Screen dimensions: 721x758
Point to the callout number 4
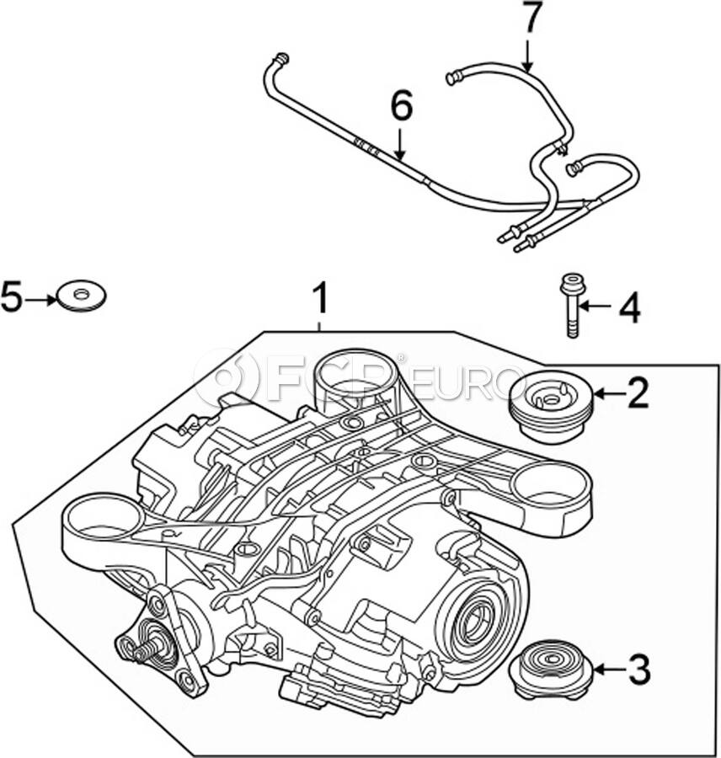pos(629,307)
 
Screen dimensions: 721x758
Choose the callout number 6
pos(402,106)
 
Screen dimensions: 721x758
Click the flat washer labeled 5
pos(81,296)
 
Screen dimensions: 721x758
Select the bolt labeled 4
pos(572,305)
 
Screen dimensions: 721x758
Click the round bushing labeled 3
pos(551,670)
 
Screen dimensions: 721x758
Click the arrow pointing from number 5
pos(40,300)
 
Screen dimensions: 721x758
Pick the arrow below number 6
pos(399,143)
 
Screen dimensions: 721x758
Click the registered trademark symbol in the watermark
pos(400,359)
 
